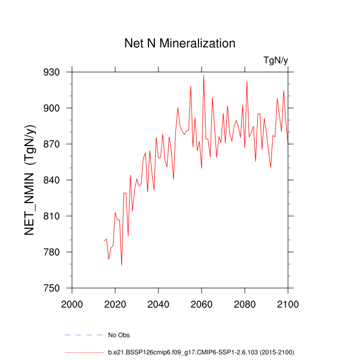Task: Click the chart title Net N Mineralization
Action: pyautogui.click(x=180, y=43)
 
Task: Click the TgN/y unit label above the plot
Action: pyautogui.click(x=276, y=61)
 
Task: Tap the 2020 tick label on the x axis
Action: pyautogui.click(x=115, y=302)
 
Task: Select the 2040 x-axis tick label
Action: pyautogui.click(x=158, y=302)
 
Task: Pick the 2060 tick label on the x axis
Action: pyautogui.click(x=202, y=302)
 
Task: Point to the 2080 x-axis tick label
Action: pyautogui.click(x=245, y=302)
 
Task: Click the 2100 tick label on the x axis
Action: pyautogui.click(x=287, y=302)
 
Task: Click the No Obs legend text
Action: pyautogui.click(x=118, y=335)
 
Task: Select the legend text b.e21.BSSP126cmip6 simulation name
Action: pyautogui.click(x=201, y=352)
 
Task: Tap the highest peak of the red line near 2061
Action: pyautogui.click(x=204, y=75)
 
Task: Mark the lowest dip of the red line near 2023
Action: pyautogui.click(x=121, y=265)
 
